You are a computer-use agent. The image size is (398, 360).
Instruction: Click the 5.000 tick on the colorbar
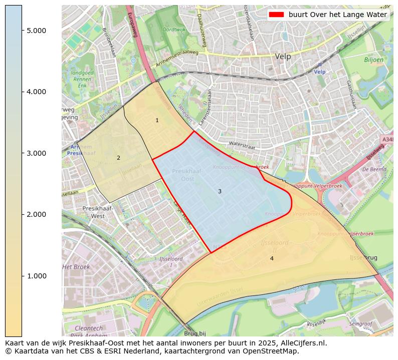click(37, 31)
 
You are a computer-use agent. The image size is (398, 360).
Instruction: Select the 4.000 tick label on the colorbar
click(37, 92)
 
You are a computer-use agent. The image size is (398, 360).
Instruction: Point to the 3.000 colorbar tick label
click(37, 153)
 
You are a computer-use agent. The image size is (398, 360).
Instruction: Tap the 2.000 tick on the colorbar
click(37, 214)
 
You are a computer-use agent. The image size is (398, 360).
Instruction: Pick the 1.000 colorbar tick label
click(37, 276)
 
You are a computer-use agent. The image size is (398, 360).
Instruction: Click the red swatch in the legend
click(276, 15)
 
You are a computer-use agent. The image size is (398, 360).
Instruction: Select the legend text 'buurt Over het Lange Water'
click(337, 15)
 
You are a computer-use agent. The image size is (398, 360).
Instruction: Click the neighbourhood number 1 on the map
click(157, 120)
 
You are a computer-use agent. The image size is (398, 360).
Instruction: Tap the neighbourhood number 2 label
click(118, 158)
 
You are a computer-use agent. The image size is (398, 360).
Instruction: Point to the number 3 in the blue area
click(220, 191)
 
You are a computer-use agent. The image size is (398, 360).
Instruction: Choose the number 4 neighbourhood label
click(272, 258)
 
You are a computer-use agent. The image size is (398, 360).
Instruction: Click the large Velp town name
click(283, 57)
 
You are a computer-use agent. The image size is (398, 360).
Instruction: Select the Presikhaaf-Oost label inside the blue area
click(187, 175)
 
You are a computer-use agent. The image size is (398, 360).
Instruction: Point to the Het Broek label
click(76, 267)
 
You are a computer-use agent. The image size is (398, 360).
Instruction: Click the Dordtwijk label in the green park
click(175, 30)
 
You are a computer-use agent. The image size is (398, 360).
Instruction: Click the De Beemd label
click(374, 169)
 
